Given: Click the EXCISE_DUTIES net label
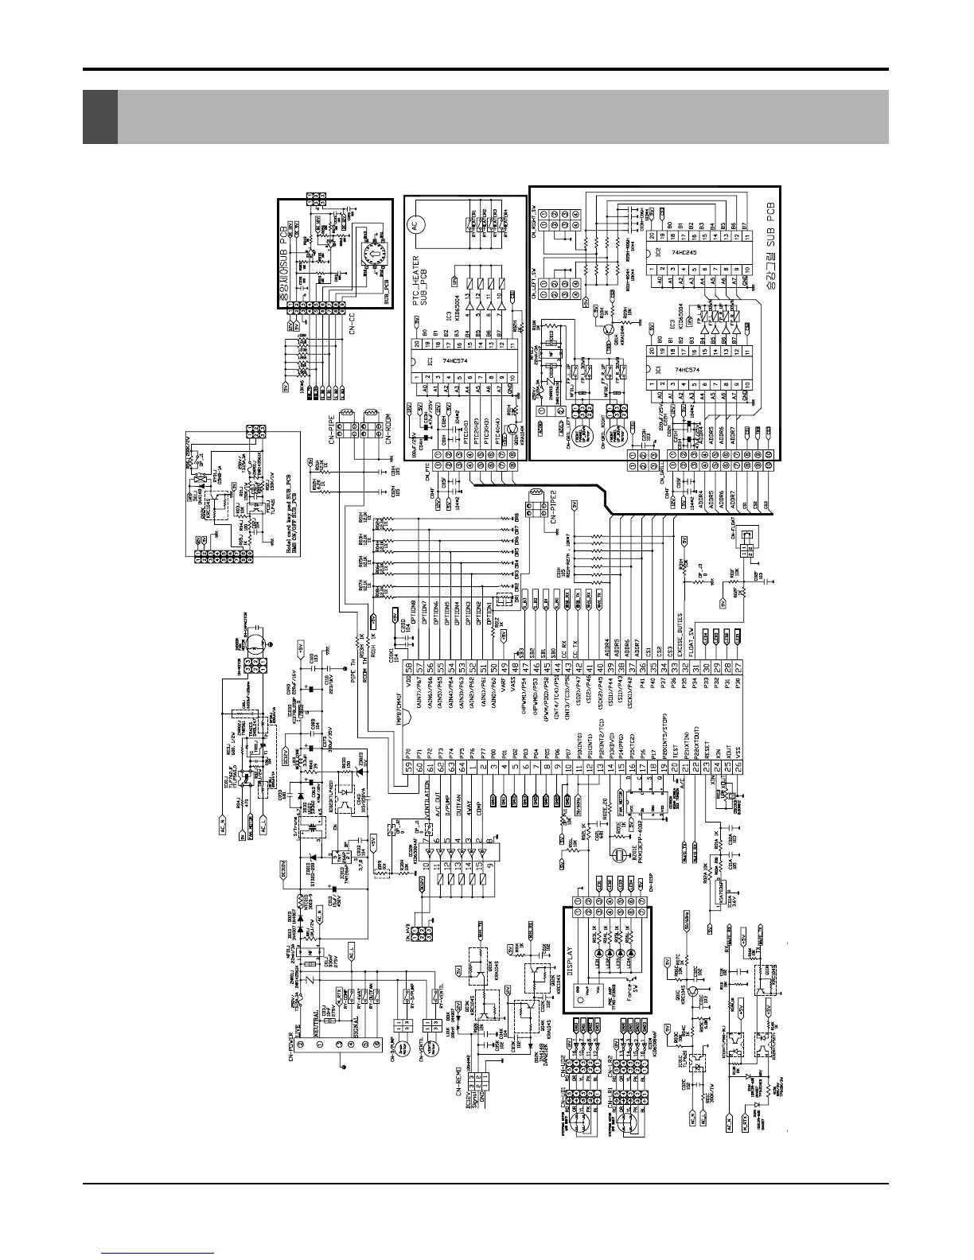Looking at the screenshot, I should pos(680,628).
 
